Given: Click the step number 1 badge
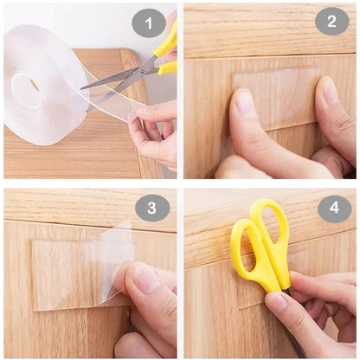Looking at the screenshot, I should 148,22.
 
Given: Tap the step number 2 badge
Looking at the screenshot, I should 331,21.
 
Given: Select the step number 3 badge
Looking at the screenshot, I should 152,208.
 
